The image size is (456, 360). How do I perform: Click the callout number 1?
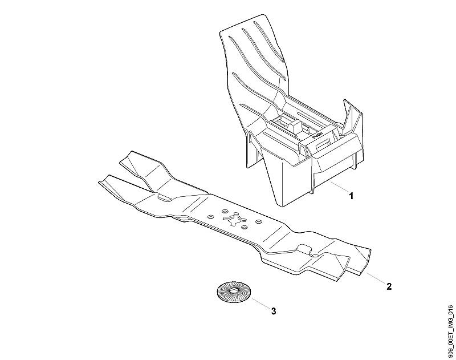(351, 196)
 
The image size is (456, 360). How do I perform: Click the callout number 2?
(389, 286)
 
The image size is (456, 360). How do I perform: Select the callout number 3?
(274, 311)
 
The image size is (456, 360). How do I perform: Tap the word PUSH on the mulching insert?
(317, 135)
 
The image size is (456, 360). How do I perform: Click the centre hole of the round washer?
(234, 291)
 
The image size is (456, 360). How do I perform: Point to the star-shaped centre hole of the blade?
(234, 219)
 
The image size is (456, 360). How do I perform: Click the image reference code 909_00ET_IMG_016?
(451, 332)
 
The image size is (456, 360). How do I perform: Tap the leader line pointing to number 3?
(261, 304)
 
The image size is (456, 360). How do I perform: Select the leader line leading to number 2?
(375, 278)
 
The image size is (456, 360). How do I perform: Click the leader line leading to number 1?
(340, 186)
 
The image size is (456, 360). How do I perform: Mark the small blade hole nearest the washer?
(245, 226)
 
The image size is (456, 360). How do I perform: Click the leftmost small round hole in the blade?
(210, 217)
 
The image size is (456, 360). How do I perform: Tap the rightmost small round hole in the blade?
(258, 222)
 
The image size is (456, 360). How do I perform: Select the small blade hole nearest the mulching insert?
(225, 211)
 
